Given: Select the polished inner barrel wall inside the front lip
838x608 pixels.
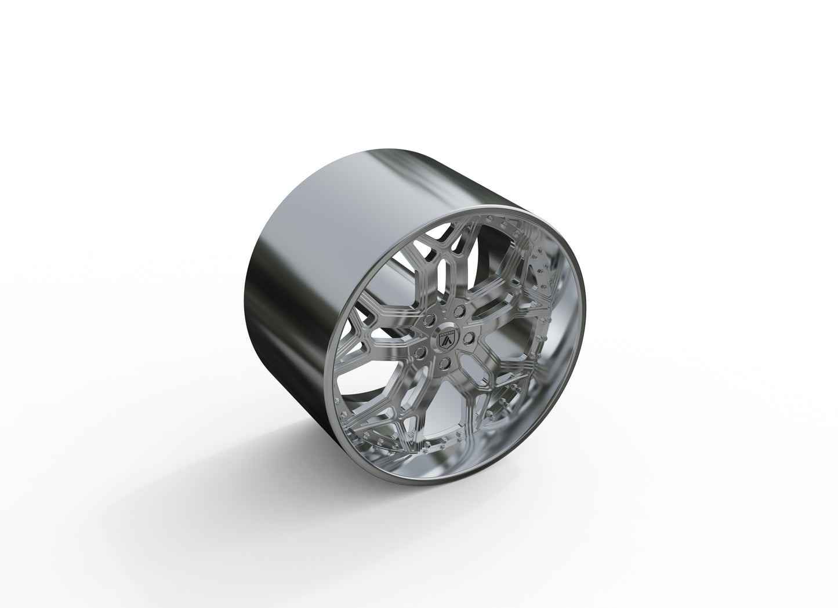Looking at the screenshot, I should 557,377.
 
